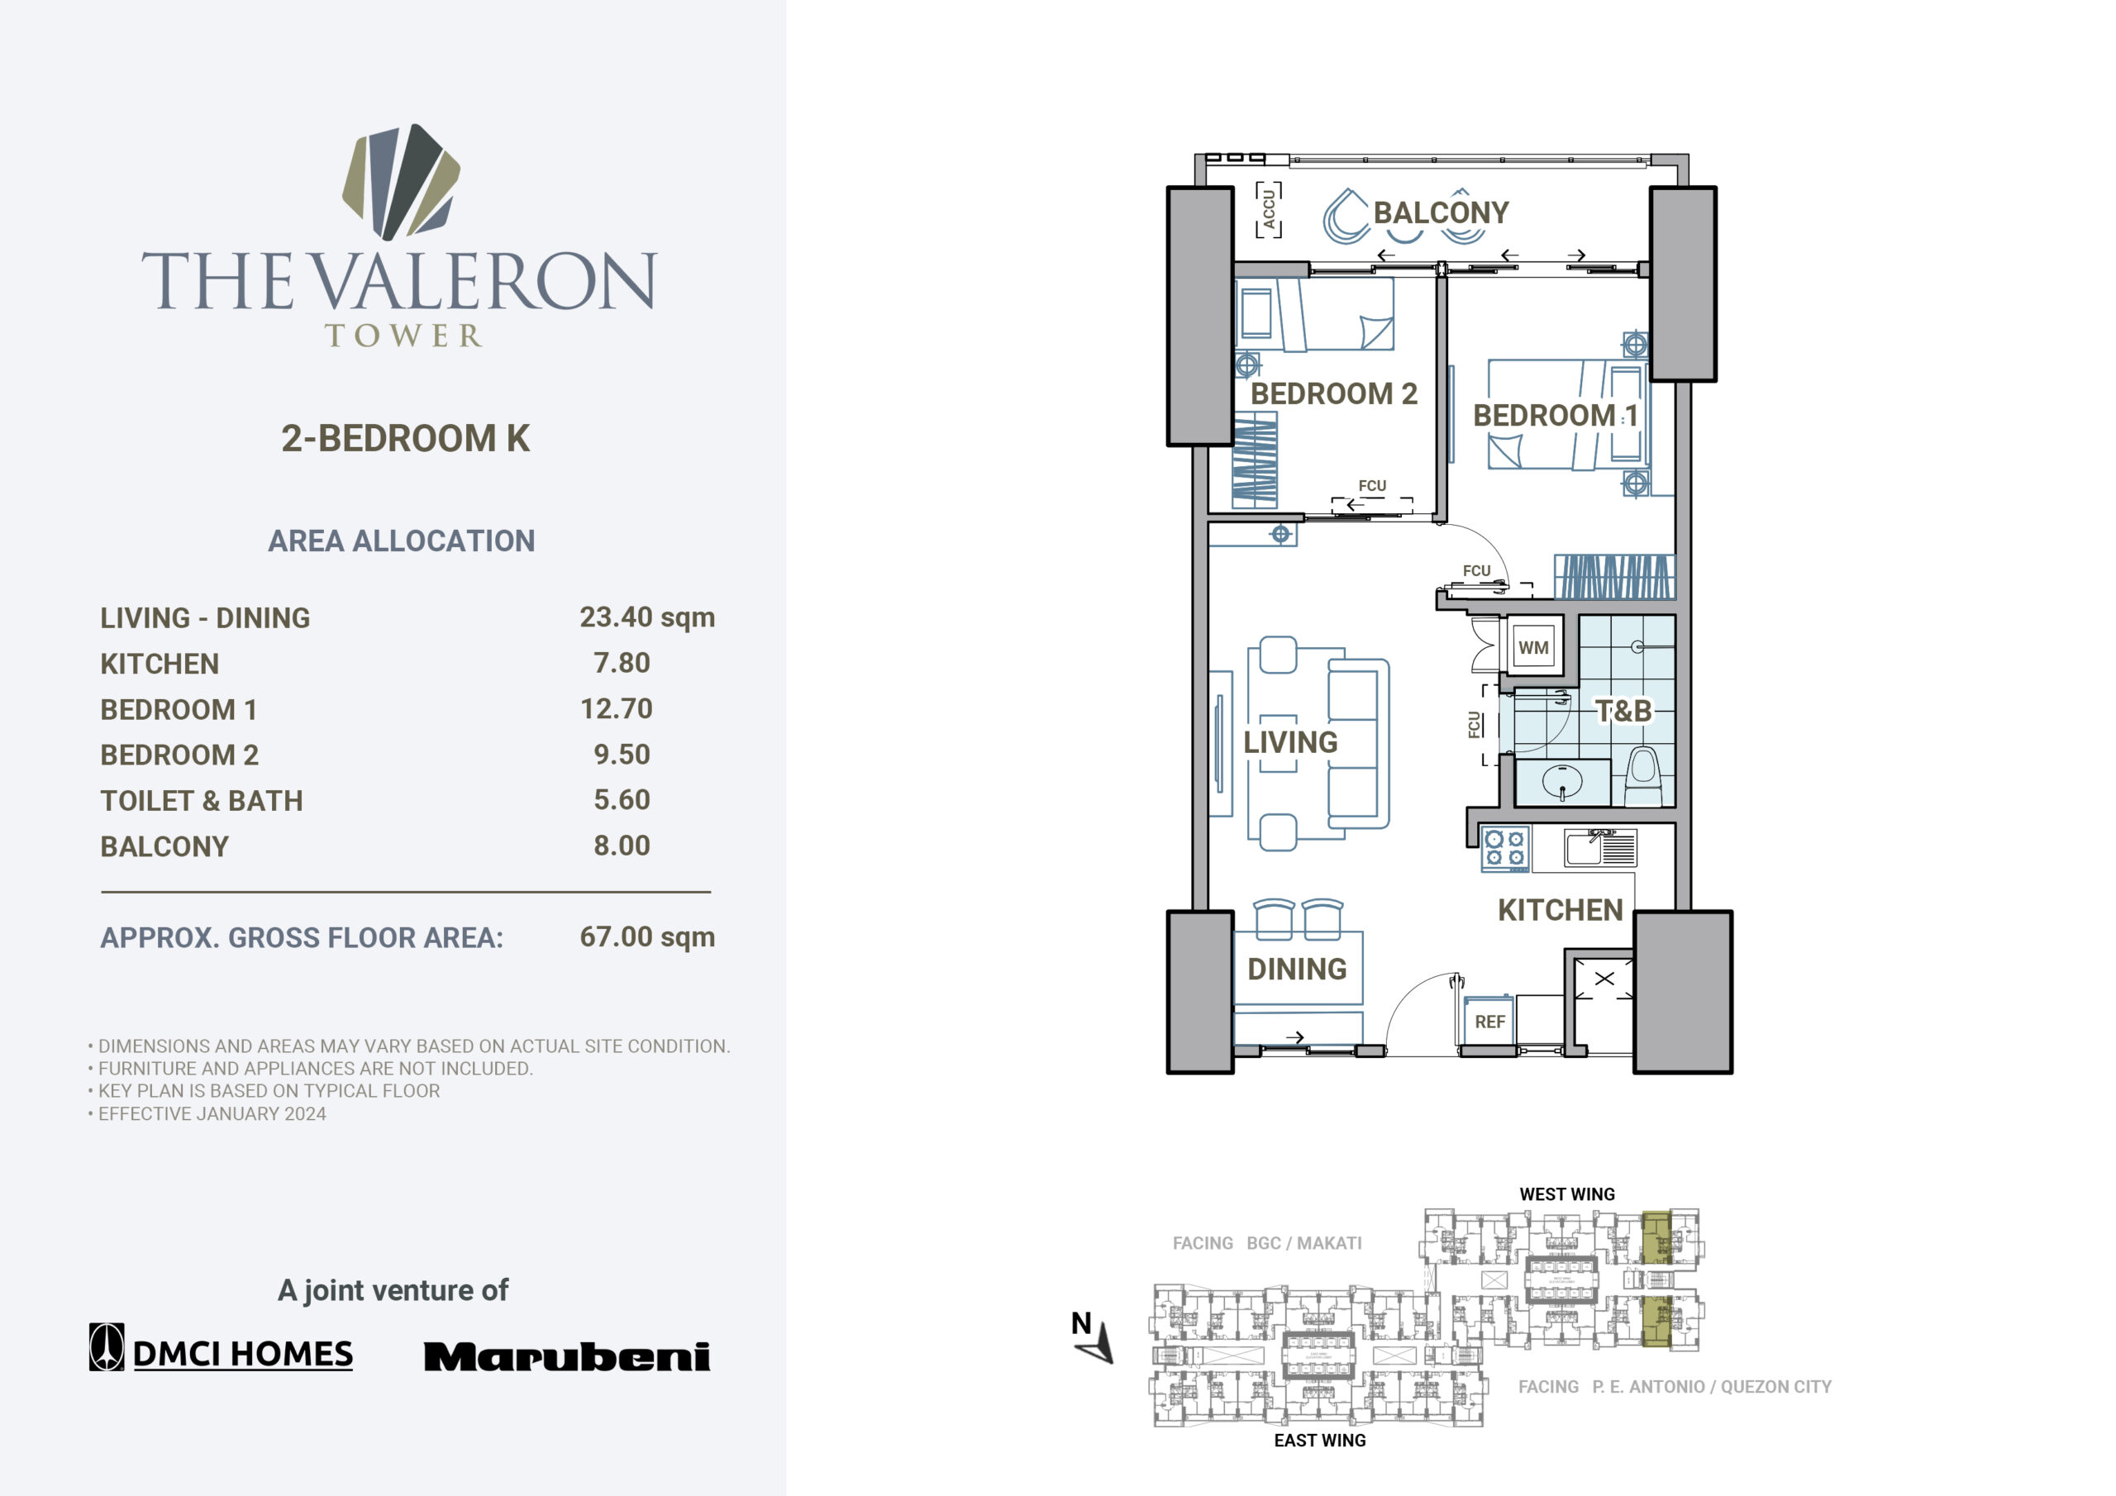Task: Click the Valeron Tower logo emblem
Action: (401, 182)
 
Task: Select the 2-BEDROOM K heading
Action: (406, 439)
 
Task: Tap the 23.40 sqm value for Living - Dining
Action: (647, 617)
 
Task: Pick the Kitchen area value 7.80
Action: (622, 663)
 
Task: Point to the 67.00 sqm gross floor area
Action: (647, 936)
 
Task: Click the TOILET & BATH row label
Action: (202, 801)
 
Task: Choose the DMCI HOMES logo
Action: (222, 1347)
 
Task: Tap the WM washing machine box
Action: (1533, 647)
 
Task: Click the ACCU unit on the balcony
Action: (1269, 209)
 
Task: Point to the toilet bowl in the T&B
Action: (1642, 776)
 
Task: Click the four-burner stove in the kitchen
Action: (1504, 849)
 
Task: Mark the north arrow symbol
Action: (1093, 1337)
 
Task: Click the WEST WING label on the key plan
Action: (1566, 1194)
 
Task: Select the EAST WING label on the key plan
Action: (1320, 1441)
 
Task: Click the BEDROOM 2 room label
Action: (1333, 393)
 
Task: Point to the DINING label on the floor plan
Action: (1297, 969)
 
